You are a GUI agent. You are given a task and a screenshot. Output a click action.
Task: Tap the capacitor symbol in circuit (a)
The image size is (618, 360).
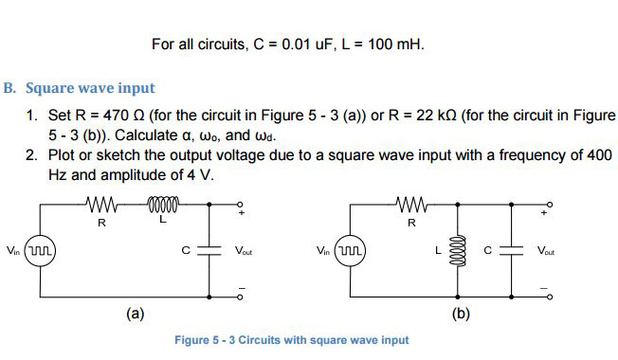click(209, 251)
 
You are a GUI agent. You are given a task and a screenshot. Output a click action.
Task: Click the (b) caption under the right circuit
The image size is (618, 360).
click(461, 313)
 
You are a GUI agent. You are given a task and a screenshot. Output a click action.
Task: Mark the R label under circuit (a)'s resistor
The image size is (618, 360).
click(101, 224)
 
